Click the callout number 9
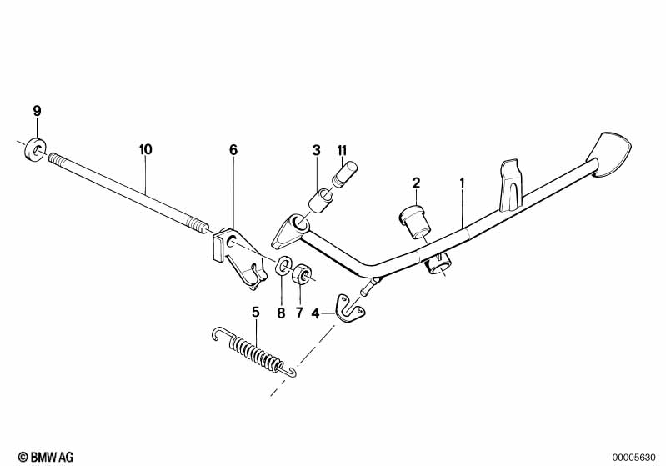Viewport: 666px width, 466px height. click(x=38, y=112)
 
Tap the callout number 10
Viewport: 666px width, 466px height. click(x=145, y=149)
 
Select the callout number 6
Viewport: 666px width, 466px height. click(x=233, y=150)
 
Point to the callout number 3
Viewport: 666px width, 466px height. click(x=316, y=150)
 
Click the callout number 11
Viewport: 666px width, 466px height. click(x=342, y=150)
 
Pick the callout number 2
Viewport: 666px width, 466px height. click(x=416, y=183)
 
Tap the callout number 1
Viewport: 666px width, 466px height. click(x=462, y=183)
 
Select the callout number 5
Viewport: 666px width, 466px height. click(x=255, y=313)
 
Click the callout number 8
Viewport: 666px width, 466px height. click(x=281, y=313)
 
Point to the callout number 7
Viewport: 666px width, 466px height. click(x=299, y=313)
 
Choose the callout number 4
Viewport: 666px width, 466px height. click(x=315, y=314)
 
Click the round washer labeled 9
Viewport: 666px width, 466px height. click(x=35, y=148)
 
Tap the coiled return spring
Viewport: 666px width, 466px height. click(x=255, y=350)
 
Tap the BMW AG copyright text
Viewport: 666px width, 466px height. click(x=46, y=457)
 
